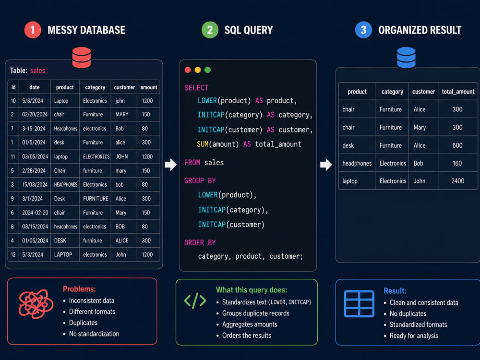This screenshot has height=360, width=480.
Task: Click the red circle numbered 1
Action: [x=33, y=30]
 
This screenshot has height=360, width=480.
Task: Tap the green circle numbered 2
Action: [x=210, y=30]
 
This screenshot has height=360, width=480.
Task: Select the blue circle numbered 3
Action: [x=363, y=30]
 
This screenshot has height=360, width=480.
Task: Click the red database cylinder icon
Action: [x=82, y=58]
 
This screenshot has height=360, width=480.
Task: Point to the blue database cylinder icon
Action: [x=406, y=58]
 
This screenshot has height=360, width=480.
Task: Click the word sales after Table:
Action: [x=37, y=71]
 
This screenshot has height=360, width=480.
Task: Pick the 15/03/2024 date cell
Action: [x=35, y=185]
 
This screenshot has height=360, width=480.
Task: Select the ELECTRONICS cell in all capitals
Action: [x=96, y=157]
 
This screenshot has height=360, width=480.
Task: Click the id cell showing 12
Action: [x=13, y=255]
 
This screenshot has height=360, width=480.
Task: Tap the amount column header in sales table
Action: [x=149, y=87]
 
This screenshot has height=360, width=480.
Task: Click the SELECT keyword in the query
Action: [x=196, y=88]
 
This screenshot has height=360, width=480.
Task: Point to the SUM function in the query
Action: [x=203, y=144]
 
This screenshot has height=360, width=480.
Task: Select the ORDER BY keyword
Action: [x=200, y=243]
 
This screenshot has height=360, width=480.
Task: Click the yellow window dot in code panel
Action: [x=198, y=70]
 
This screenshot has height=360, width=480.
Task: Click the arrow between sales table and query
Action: [x=171, y=164]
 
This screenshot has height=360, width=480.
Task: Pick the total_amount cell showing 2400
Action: [x=457, y=181]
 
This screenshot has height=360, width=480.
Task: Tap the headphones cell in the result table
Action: [x=357, y=164]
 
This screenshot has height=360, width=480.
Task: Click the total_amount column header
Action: [x=458, y=92]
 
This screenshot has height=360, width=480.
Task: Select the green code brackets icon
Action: [x=195, y=300]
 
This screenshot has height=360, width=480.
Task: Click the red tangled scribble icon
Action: [x=36, y=304]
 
